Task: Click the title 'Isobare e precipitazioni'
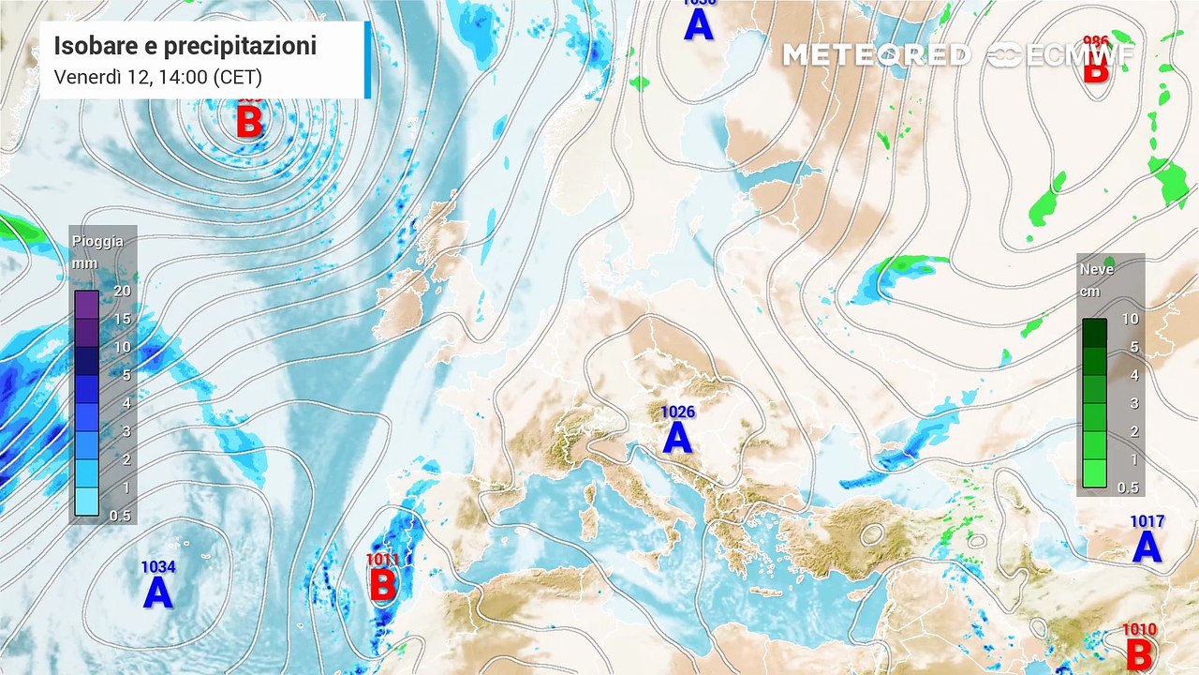click(185, 46)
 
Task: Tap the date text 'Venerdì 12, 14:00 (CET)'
click(157, 77)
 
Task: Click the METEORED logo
click(876, 55)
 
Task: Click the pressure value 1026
click(678, 412)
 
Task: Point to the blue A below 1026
click(677, 438)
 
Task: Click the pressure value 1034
click(158, 566)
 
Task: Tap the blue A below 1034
click(157, 592)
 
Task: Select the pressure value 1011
click(382, 560)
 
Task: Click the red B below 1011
click(382, 586)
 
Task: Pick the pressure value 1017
click(1147, 521)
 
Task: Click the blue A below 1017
click(1147, 547)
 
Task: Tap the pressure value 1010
click(1139, 630)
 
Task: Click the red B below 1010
click(1139, 655)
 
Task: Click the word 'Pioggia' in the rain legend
click(97, 242)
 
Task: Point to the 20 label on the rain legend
click(122, 291)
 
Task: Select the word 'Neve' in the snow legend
click(1097, 269)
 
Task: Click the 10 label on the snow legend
click(1130, 319)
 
